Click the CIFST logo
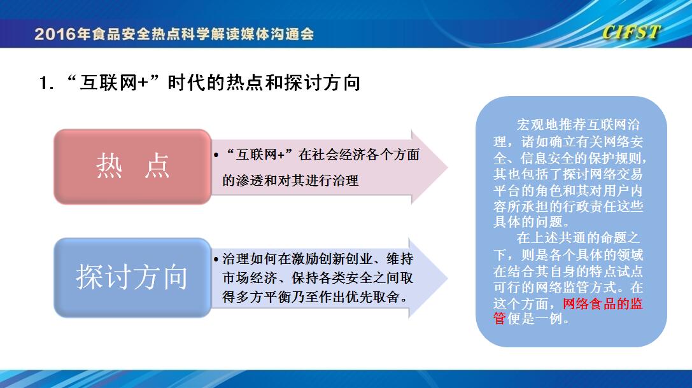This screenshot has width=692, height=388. [x=632, y=32]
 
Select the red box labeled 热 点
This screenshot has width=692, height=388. [x=132, y=167]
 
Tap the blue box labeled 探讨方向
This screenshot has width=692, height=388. [x=132, y=278]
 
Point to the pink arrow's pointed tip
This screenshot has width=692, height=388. [x=448, y=167]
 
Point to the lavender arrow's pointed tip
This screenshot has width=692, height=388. [x=448, y=278]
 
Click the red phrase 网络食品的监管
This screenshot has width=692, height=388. [x=568, y=311]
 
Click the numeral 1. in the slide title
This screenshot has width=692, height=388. [x=46, y=83]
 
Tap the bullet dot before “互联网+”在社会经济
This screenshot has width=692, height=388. [x=216, y=155]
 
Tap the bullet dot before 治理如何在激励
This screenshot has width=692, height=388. [x=216, y=260]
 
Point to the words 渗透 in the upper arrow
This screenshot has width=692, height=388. [x=250, y=181]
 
